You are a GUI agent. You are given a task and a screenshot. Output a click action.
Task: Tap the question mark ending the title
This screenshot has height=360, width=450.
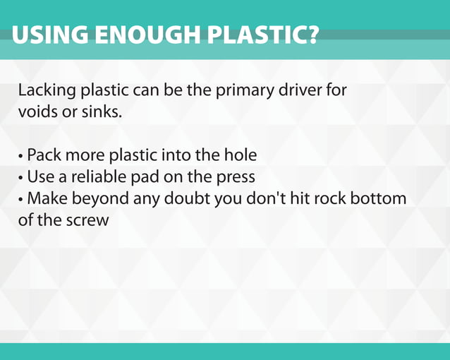click(x=311, y=35)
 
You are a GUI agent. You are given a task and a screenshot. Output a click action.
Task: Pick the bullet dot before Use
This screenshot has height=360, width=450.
click(x=21, y=177)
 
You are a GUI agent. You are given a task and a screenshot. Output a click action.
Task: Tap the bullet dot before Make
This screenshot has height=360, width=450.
click(x=21, y=199)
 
